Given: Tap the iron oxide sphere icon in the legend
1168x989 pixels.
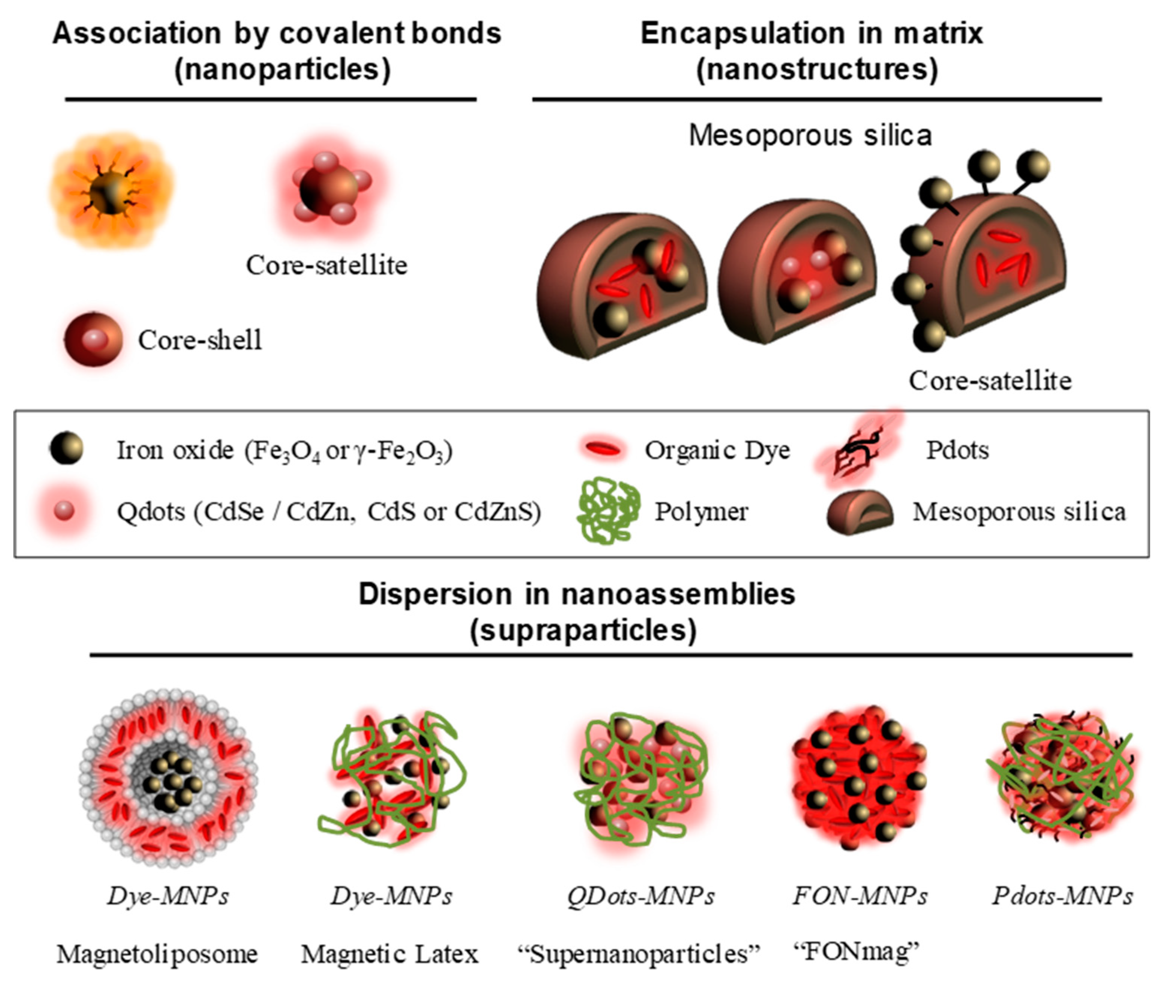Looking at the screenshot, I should pyautogui.click(x=66, y=448).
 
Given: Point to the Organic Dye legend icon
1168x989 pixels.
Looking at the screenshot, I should pyautogui.click(x=602, y=449).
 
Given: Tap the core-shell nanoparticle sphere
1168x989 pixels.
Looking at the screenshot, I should pyautogui.click(x=93, y=340).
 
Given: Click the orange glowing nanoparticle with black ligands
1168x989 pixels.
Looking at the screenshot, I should pyautogui.click(x=111, y=190).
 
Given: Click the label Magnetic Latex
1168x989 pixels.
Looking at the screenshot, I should pyautogui.click(x=389, y=954).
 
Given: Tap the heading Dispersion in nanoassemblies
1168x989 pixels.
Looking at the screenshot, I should pyautogui.click(x=577, y=594).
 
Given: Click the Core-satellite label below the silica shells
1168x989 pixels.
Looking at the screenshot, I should pyautogui.click(x=990, y=381).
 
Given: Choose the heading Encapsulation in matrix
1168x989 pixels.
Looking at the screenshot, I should pyautogui.click(x=811, y=34).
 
